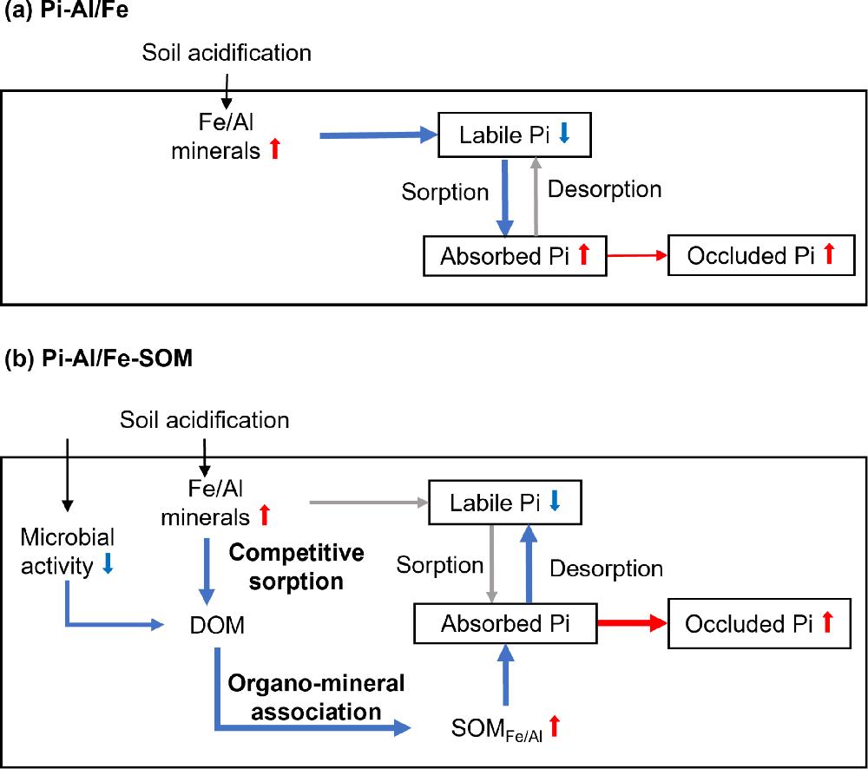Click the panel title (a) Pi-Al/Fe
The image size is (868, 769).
click(x=71, y=13)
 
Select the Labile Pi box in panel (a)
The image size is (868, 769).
click(x=505, y=135)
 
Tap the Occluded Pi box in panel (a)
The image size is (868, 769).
click(x=760, y=255)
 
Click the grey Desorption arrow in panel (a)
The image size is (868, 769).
click(x=536, y=196)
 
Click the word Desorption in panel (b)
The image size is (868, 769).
click(x=607, y=569)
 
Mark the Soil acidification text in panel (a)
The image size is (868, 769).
click(x=227, y=53)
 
